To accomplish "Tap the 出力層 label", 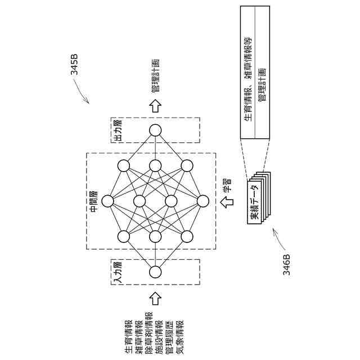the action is (118, 130).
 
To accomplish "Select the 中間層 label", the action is (93, 201).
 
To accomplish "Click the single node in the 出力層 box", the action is (155, 130).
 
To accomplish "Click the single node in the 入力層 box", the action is (155, 272).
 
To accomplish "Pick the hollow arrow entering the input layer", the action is (155, 296).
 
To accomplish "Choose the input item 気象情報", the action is (179, 337).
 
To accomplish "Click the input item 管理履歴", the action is (169, 337).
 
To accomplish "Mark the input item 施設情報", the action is (159, 337).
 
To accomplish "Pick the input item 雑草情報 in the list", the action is (138, 337).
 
